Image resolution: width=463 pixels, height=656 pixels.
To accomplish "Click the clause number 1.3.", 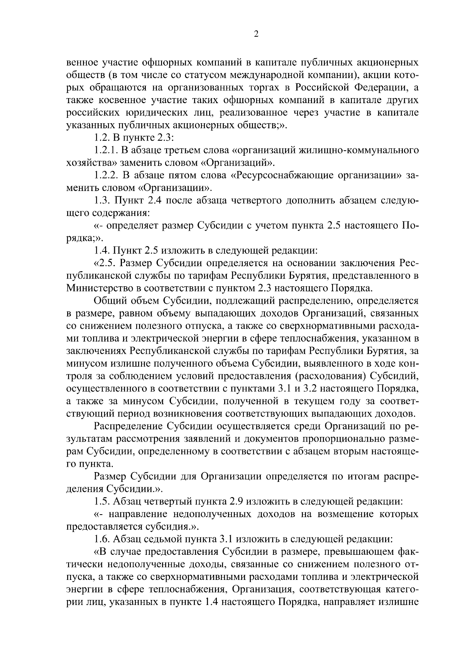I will coord(102,201).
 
